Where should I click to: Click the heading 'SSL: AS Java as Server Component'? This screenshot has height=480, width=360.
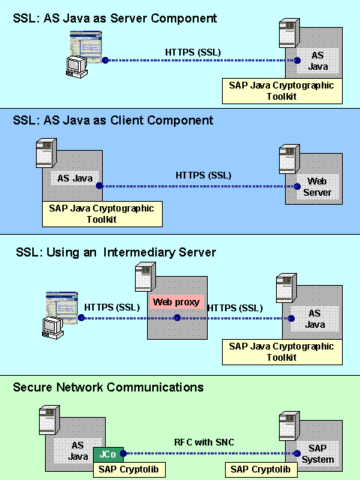point(115,17)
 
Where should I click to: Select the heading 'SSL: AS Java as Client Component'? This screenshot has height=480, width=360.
point(113,120)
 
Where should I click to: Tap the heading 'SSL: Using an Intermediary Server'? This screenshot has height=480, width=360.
point(115,253)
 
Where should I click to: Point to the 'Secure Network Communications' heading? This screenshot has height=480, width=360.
point(108,387)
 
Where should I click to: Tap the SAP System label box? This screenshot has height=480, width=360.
point(317,454)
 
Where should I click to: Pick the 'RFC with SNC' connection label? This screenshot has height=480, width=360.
point(204,442)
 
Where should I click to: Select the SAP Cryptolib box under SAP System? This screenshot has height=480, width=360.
point(260,469)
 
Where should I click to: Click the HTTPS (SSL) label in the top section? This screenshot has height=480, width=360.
point(193,51)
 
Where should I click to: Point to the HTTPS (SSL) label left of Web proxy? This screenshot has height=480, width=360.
point(112,307)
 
